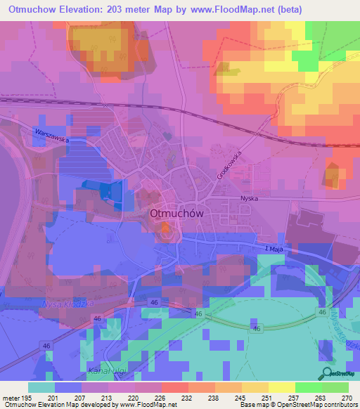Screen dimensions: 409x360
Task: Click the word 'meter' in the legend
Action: click(x=12, y=397)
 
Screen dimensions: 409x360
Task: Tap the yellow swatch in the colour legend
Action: click(x=282, y=387)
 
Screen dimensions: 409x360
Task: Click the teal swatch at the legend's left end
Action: click(x=41, y=387)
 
